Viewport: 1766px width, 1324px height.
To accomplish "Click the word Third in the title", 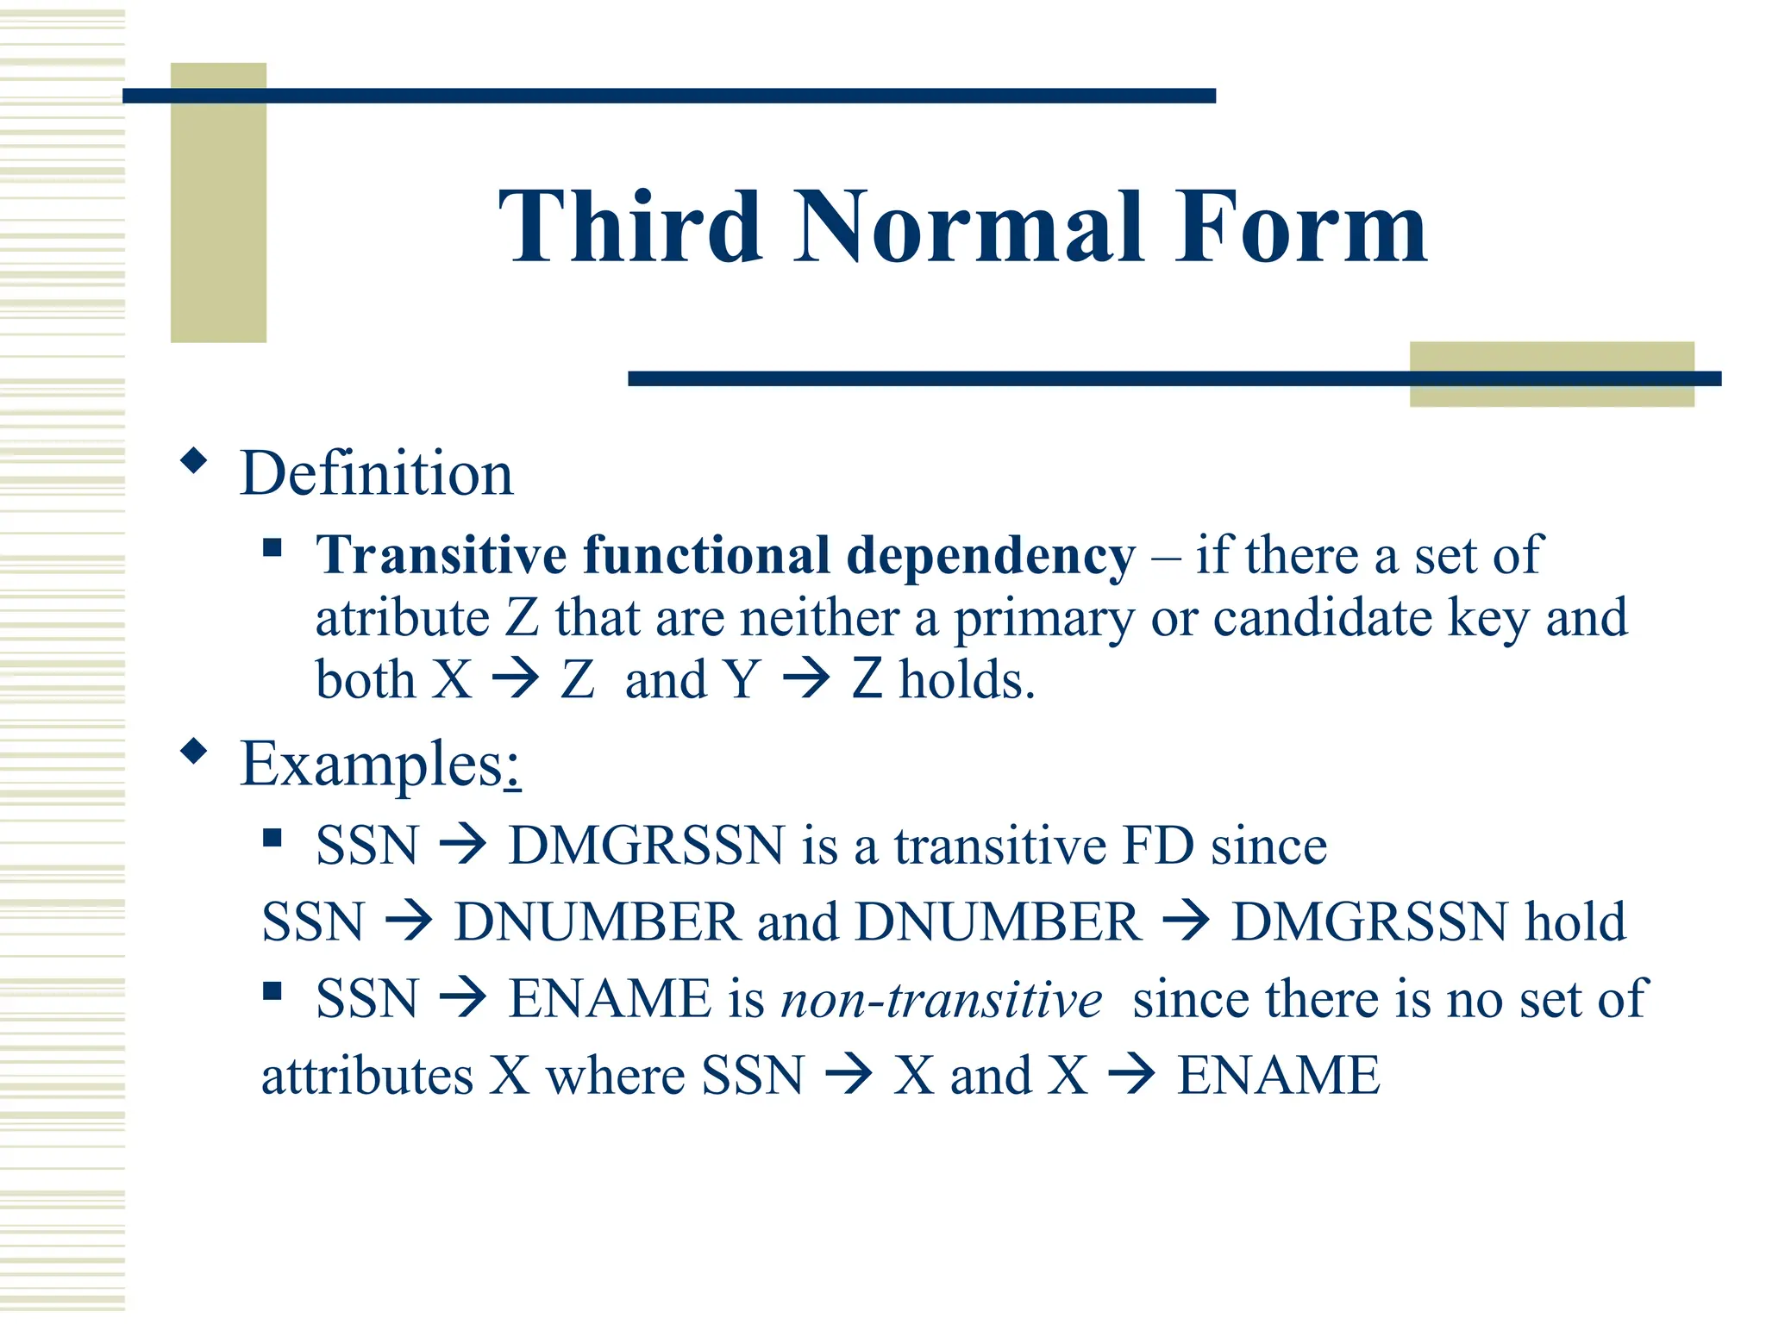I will [x=630, y=228].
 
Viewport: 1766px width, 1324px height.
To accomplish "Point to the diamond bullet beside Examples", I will [x=195, y=752].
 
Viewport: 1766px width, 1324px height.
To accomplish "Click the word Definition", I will [x=377, y=474].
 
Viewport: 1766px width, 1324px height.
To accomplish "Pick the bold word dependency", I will [x=992, y=556].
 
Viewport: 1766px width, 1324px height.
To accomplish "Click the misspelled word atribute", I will [x=402, y=618].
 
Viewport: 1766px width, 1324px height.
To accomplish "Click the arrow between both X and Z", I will [x=516, y=679].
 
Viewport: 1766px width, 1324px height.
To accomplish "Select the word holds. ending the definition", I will [x=967, y=679].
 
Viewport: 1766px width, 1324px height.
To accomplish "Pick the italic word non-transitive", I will [x=941, y=1000].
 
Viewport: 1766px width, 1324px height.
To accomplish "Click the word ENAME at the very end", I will [x=1279, y=1076].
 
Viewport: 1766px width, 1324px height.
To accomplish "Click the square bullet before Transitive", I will [x=272, y=548].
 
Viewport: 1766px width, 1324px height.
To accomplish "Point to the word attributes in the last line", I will [x=367, y=1077].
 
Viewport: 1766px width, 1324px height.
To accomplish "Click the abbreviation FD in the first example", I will [x=1158, y=846].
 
